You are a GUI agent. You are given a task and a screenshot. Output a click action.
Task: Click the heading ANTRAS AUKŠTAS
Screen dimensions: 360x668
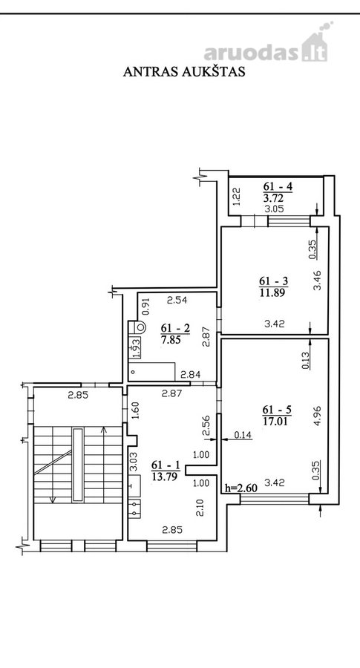click(184, 71)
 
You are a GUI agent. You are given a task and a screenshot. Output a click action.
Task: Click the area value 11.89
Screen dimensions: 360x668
click(273, 292)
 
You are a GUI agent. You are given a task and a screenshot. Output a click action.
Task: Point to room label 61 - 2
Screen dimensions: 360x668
click(175, 328)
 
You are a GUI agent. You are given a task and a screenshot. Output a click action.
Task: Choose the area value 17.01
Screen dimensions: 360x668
click(277, 422)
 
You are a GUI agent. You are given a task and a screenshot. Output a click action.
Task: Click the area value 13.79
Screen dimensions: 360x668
click(166, 475)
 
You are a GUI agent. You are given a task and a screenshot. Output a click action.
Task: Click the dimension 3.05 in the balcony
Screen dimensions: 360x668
click(275, 209)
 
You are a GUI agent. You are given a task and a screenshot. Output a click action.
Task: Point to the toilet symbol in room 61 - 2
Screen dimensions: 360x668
click(137, 327)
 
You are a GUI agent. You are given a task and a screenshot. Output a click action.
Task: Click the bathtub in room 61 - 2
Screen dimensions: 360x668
click(152, 371)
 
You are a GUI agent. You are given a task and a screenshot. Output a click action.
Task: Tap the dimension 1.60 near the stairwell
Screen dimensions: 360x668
click(136, 410)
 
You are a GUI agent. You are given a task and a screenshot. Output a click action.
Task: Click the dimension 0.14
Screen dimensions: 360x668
click(243, 435)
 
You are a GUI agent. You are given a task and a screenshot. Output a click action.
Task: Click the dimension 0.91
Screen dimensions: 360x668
click(145, 306)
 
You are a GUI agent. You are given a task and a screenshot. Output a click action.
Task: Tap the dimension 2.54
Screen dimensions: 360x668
click(177, 301)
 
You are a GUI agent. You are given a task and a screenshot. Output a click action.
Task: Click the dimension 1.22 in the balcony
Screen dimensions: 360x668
click(238, 197)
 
